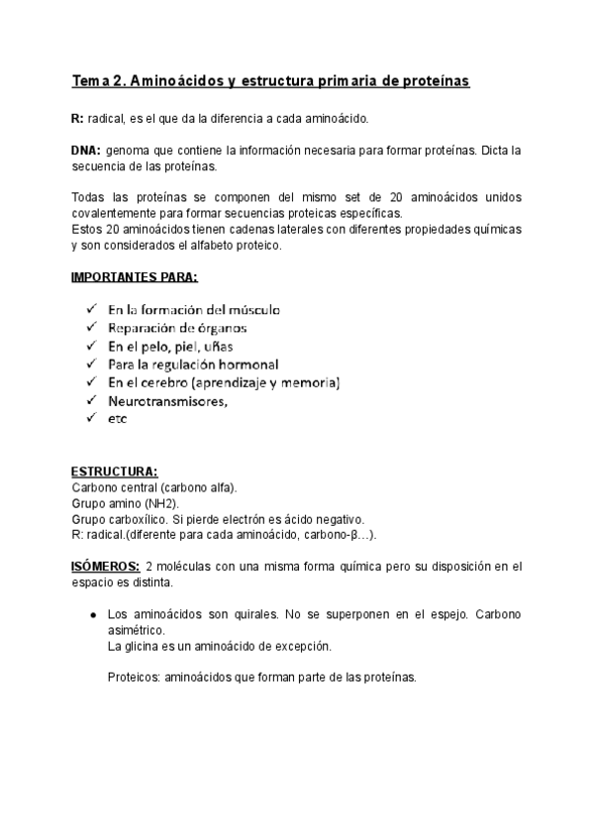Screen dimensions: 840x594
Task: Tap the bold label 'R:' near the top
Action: tap(78, 118)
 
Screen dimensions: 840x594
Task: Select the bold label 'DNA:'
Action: tap(86, 151)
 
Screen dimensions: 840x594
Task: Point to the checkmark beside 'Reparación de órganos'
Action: tap(90, 327)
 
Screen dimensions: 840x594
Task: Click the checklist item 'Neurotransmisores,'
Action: tap(168, 400)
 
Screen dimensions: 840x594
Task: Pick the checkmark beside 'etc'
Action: tap(90, 418)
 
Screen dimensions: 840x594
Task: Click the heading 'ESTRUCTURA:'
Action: tap(114, 472)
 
